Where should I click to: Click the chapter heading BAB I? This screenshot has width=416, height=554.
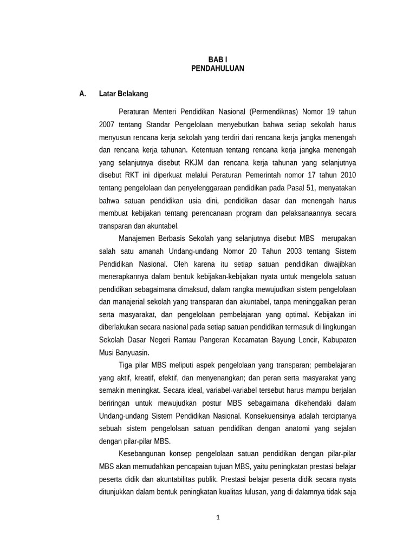click(218, 60)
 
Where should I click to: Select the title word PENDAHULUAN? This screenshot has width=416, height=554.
click(218, 69)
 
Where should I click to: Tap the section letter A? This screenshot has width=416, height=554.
click(82, 94)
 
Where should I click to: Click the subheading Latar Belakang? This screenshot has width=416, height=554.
click(123, 94)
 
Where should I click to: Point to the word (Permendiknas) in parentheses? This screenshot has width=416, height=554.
click(274, 112)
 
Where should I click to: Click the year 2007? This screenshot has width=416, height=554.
click(106, 124)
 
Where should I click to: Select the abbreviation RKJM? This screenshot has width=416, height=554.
click(197, 162)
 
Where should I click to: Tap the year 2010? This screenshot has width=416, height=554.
click(348, 175)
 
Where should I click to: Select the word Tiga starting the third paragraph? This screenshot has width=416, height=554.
click(126, 365)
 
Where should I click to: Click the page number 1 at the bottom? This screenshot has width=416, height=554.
click(218, 517)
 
